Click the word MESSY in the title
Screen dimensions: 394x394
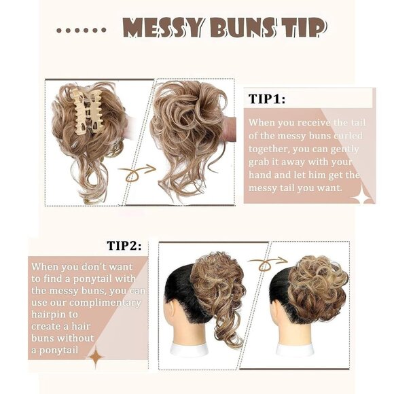pos(162,29)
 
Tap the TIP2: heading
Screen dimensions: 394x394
pos(124,245)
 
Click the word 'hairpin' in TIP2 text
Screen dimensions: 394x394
pos(51,315)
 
